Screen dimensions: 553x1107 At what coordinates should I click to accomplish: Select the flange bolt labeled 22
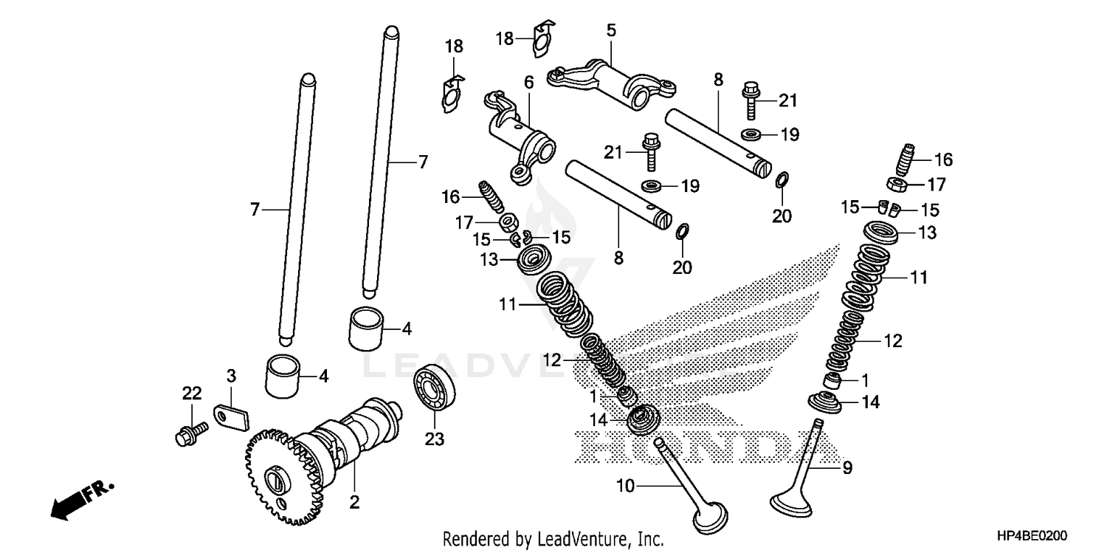click(187, 433)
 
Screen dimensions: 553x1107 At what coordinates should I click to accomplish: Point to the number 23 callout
click(434, 440)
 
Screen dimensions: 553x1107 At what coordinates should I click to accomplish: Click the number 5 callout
click(611, 31)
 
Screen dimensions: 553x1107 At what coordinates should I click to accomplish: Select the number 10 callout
click(625, 485)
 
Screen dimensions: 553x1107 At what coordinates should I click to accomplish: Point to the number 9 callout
click(847, 467)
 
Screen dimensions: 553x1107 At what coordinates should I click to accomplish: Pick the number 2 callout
click(354, 504)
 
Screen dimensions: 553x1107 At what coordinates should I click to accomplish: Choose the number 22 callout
click(192, 394)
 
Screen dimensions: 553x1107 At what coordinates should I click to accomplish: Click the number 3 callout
click(231, 376)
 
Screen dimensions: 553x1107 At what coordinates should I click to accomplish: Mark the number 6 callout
click(528, 83)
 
